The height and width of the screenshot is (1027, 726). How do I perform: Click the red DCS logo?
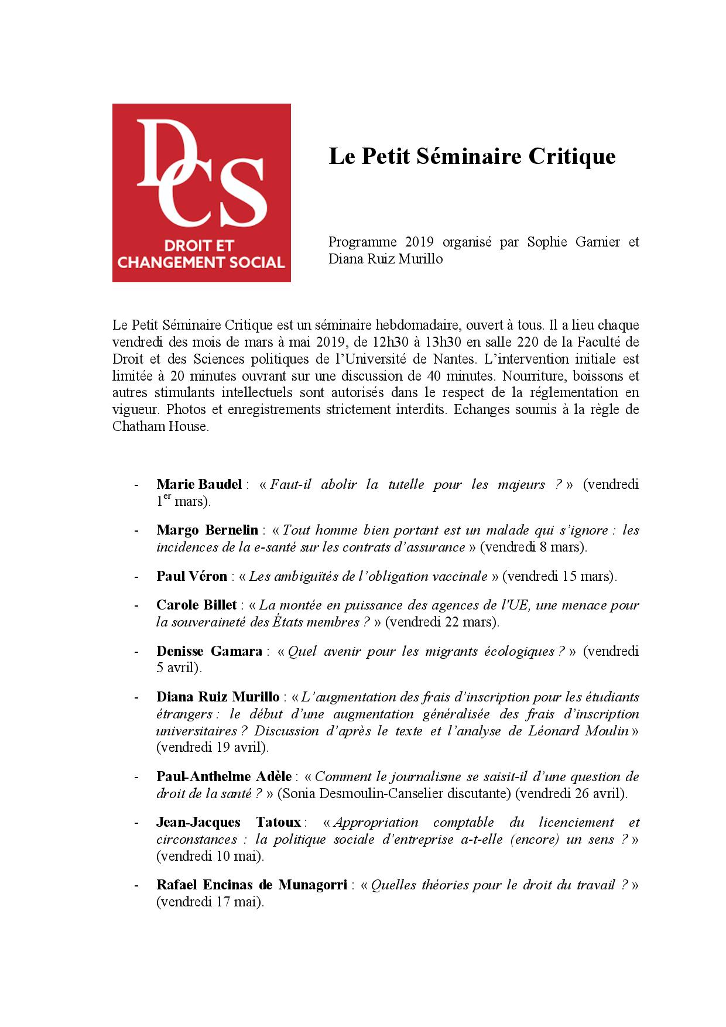[x=201, y=193]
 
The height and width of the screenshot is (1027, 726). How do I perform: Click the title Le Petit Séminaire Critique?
[x=472, y=156]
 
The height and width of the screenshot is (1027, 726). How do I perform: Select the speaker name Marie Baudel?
[x=199, y=484]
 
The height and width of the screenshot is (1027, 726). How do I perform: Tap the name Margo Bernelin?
[x=207, y=530]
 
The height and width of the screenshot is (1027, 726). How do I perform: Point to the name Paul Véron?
[x=191, y=576]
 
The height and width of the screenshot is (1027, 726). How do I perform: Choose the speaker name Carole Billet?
[x=197, y=605]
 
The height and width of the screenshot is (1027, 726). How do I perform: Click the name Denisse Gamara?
[x=209, y=651]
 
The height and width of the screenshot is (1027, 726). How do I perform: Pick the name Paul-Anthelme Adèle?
[x=224, y=776]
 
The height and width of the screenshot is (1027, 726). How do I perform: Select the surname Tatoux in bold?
[x=278, y=823]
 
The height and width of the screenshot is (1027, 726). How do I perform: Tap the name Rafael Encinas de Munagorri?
[x=252, y=885]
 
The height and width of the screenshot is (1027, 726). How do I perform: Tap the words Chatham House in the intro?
[x=159, y=426]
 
